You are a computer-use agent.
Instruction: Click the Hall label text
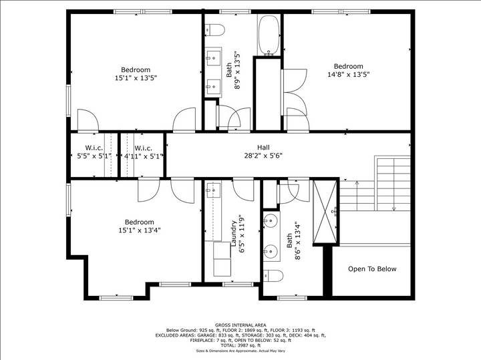(x=263, y=148)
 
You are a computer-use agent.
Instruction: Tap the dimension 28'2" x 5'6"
(x=263, y=156)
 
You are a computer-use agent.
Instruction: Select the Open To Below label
(x=372, y=269)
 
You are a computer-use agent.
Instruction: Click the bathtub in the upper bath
(x=269, y=35)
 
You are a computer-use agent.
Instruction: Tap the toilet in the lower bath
(x=273, y=275)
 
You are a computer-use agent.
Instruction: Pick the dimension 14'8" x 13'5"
(x=348, y=75)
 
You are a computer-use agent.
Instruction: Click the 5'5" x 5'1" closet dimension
(x=93, y=156)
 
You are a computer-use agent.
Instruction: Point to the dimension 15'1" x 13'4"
(x=139, y=230)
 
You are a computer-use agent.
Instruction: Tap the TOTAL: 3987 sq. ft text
(x=240, y=345)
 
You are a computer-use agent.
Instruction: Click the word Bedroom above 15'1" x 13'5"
(x=136, y=70)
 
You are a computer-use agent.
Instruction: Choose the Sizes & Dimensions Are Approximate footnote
(x=240, y=351)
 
